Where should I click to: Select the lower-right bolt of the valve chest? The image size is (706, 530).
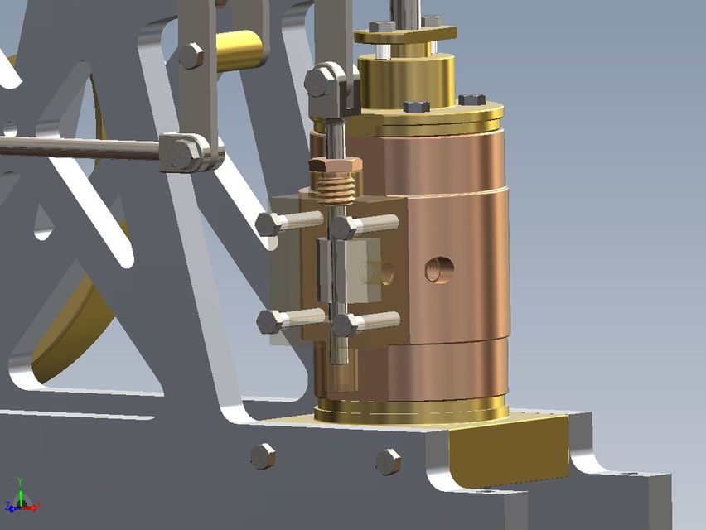(346, 324)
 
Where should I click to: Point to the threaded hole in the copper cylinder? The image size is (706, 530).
(438, 268)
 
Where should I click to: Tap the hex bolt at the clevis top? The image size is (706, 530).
(319, 82)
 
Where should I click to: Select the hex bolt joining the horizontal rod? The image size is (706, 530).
(183, 154)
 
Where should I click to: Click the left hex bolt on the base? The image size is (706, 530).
(263, 455)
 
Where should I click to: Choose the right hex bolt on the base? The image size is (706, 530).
(388, 461)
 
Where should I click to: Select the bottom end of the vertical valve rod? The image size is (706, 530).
(337, 354)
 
